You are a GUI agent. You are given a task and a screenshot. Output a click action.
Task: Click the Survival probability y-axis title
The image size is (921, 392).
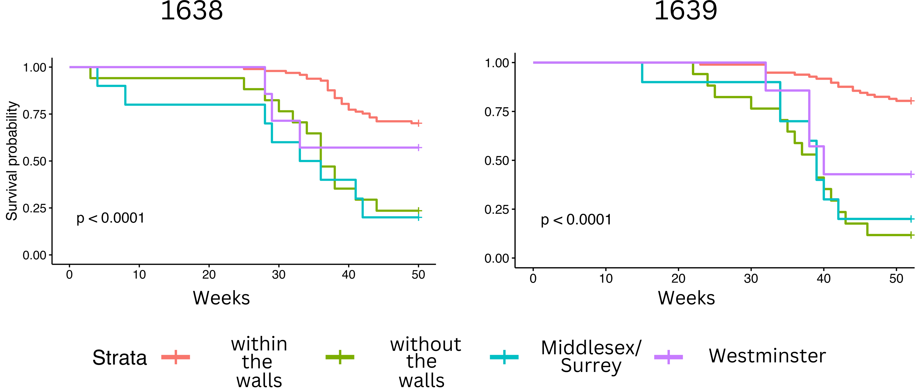point(12,161)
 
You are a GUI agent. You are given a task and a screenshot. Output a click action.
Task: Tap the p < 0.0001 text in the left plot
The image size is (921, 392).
point(111,218)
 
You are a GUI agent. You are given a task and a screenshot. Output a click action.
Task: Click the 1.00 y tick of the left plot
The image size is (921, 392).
point(35,68)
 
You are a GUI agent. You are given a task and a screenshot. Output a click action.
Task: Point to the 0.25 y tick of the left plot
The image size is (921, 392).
point(35,208)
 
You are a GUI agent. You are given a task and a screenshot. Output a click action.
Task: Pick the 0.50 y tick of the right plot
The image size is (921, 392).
point(497,161)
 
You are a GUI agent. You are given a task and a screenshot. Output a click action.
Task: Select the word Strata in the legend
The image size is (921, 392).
point(119,358)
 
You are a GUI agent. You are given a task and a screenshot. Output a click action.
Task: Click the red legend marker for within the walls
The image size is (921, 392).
point(176,357)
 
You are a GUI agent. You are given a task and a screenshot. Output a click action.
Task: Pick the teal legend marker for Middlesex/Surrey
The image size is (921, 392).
point(504,357)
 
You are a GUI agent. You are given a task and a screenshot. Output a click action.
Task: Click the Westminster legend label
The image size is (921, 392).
point(767,356)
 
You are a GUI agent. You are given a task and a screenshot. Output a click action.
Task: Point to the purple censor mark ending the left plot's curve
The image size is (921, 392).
point(419,148)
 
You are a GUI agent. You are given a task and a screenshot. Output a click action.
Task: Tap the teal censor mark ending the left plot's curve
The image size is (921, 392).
point(419,217)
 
